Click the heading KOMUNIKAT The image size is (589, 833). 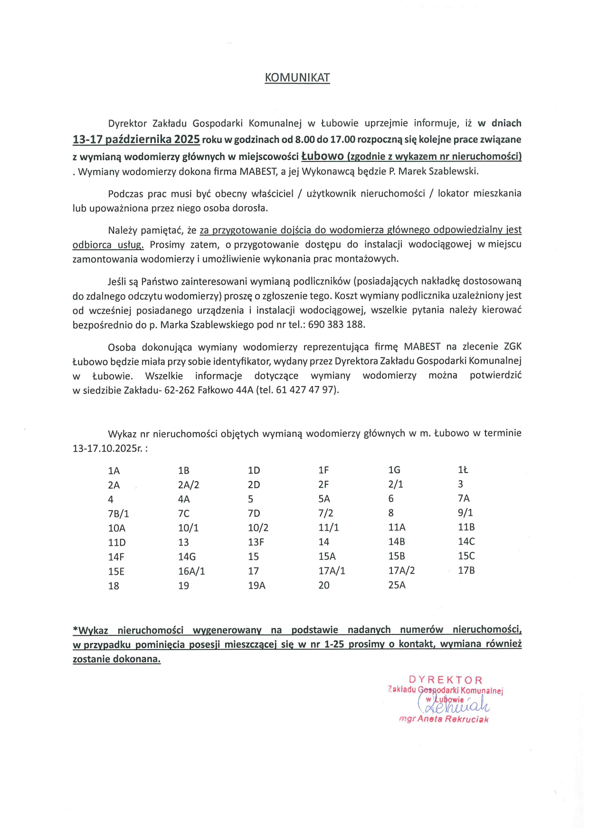[x=297, y=78]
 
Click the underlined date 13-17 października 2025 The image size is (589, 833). [x=136, y=140]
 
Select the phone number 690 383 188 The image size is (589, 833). [x=336, y=325]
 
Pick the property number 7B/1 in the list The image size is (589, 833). [x=118, y=514]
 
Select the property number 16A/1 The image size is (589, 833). [x=191, y=571]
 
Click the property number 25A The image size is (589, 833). [x=397, y=585]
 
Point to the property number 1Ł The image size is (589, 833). [x=463, y=470]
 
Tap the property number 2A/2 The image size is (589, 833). [x=189, y=485]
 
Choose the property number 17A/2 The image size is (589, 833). [x=401, y=571]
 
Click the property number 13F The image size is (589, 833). [x=256, y=542]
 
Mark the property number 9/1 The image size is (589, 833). [x=465, y=513]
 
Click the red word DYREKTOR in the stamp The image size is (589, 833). [x=445, y=680]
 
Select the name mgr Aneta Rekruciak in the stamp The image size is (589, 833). [x=444, y=719]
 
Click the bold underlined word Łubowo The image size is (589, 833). [x=322, y=156]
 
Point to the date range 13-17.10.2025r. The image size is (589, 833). [x=110, y=448]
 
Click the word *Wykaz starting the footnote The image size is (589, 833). [x=90, y=631]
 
